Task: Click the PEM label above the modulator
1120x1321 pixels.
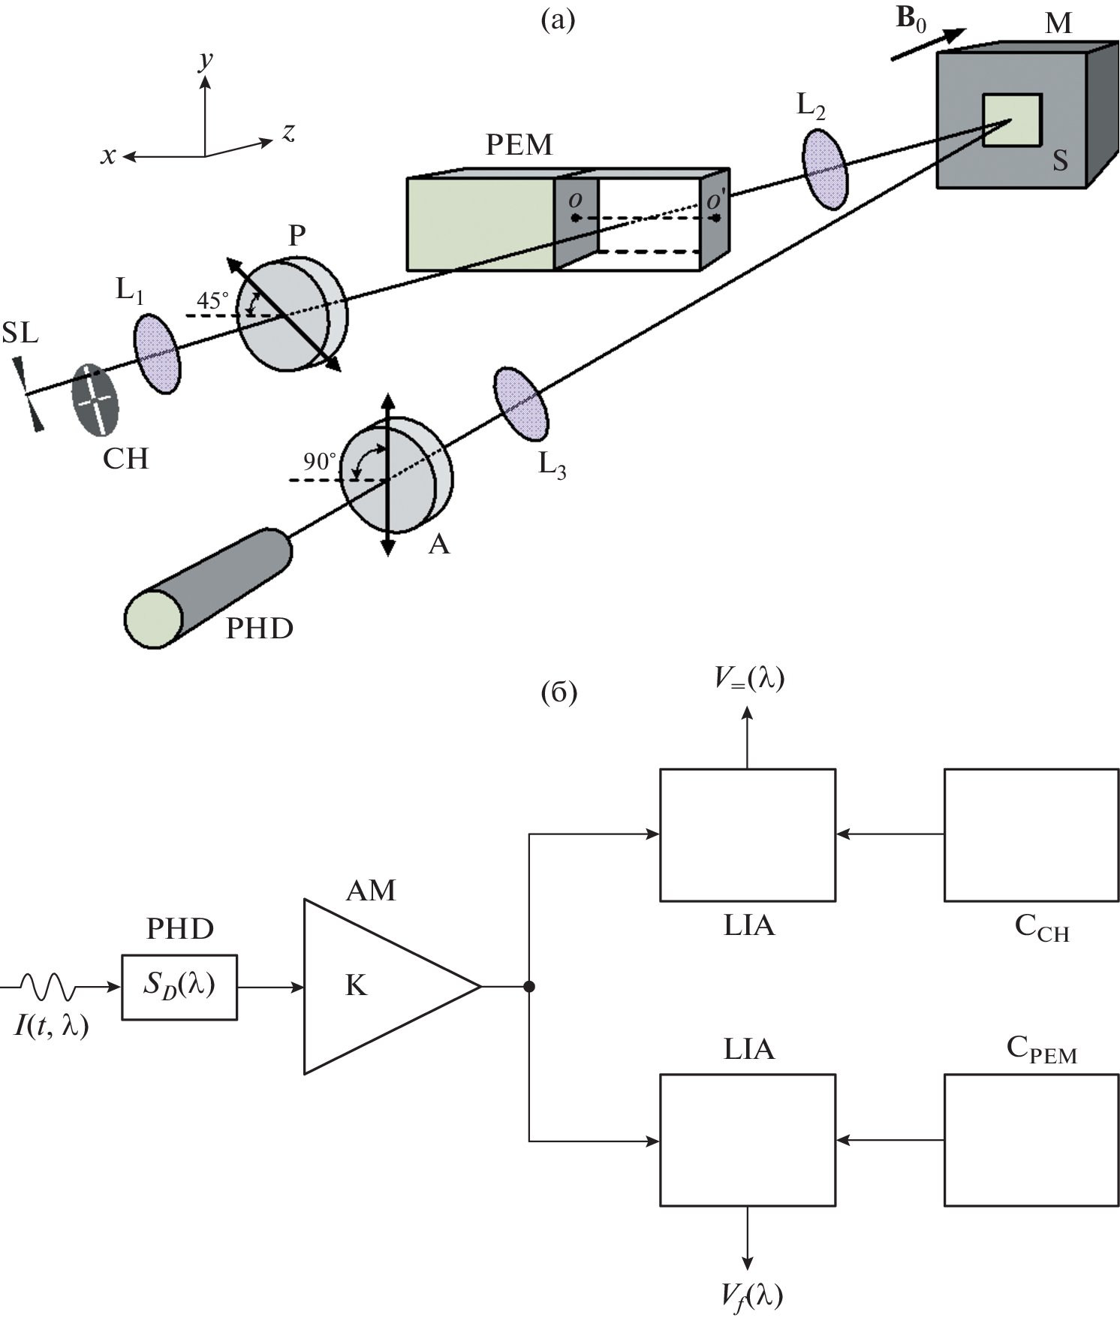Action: (x=519, y=144)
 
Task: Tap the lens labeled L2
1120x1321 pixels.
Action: (x=825, y=170)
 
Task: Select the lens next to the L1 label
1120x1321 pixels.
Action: (x=157, y=354)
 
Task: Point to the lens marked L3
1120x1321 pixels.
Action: (x=520, y=403)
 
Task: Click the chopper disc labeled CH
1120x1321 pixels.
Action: (x=95, y=400)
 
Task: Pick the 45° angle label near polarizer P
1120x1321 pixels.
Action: (x=212, y=300)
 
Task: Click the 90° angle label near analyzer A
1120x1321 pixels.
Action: (x=319, y=461)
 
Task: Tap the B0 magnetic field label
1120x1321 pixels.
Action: (x=911, y=20)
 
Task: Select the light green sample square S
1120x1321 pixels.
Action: (x=1012, y=120)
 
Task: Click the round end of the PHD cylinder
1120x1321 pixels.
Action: (x=154, y=619)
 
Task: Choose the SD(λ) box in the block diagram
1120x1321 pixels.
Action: (x=179, y=987)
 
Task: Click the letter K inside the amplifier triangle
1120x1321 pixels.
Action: (x=356, y=985)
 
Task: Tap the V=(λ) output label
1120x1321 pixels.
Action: (x=748, y=678)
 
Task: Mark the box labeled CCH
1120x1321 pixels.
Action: (x=1031, y=834)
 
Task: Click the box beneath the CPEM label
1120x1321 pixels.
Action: (x=1031, y=1140)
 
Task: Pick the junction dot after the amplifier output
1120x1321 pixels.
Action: (x=529, y=986)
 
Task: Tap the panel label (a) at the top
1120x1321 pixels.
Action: (x=558, y=20)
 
